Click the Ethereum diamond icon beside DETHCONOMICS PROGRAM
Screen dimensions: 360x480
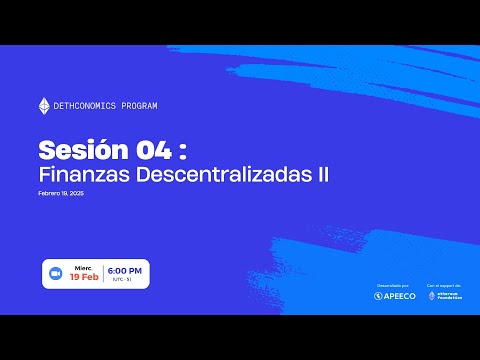point(43,106)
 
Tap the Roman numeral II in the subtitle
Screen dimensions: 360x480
point(322,174)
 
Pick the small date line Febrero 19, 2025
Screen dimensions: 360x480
point(61,193)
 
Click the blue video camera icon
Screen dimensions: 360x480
point(56,273)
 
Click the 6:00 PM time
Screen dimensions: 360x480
point(125,271)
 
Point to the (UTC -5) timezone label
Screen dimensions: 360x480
point(125,282)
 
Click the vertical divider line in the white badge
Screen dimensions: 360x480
point(102,273)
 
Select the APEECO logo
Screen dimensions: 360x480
point(392,296)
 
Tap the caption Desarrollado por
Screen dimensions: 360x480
point(391,284)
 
